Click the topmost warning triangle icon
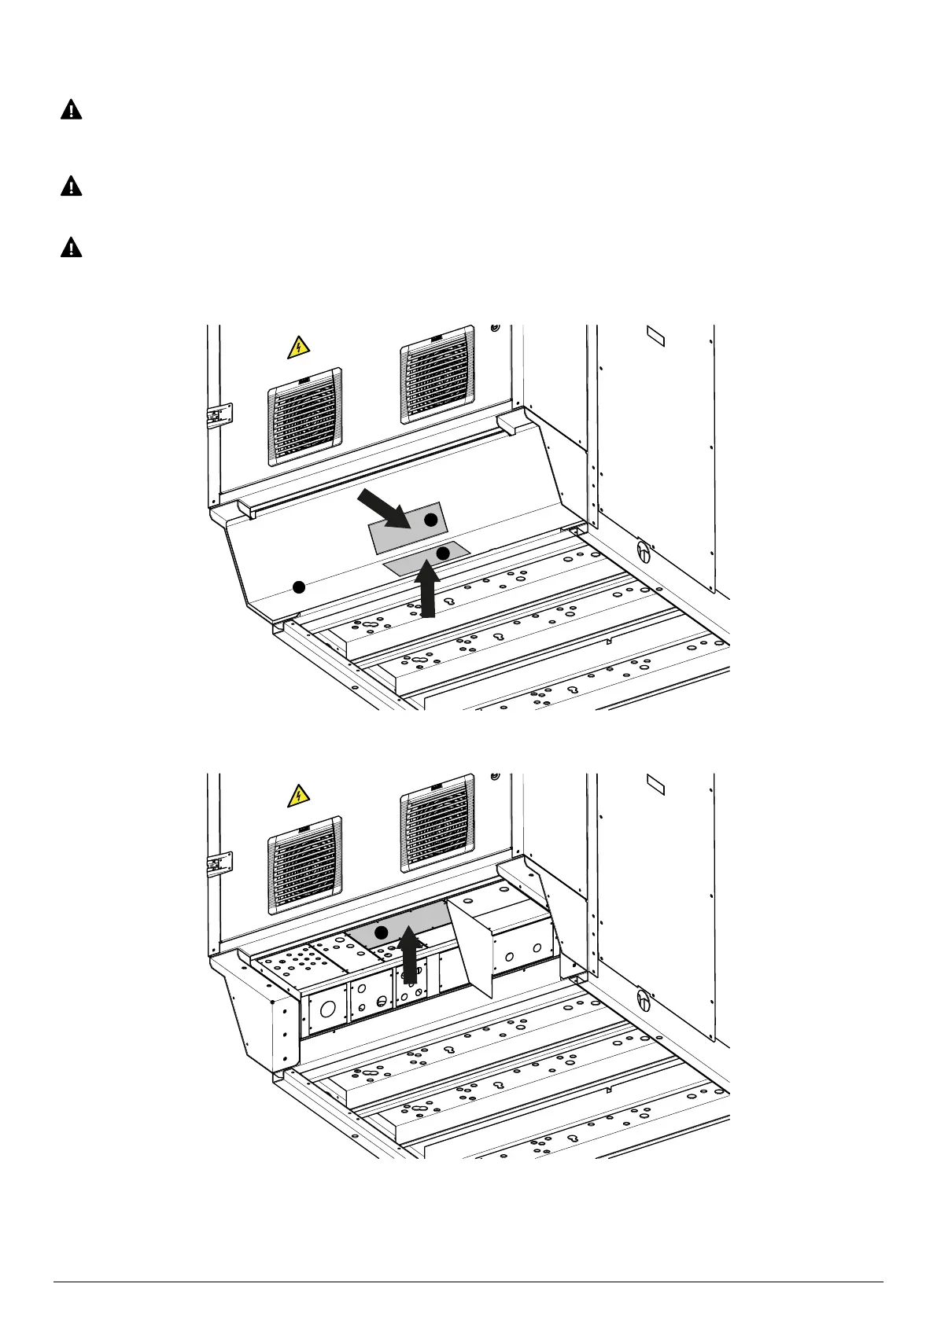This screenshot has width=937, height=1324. [x=72, y=110]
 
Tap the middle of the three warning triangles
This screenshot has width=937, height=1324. [x=72, y=186]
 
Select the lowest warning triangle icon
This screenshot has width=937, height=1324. [x=72, y=248]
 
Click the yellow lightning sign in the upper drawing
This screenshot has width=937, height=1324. [x=297, y=347]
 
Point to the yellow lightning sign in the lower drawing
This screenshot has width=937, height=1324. [x=297, y=796]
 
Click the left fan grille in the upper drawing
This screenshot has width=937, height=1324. [x=305, y=417]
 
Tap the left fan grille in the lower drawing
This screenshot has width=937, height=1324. [x=305, y=865]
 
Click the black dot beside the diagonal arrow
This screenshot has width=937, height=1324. [x=430, y=520]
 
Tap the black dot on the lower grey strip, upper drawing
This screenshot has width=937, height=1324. [x=443, y=554]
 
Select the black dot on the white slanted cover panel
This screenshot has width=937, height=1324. [x=298, y=587]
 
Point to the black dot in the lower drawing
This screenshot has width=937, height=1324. [x=382, y=932]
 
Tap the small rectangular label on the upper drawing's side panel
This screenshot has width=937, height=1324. [x=655, y=337]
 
